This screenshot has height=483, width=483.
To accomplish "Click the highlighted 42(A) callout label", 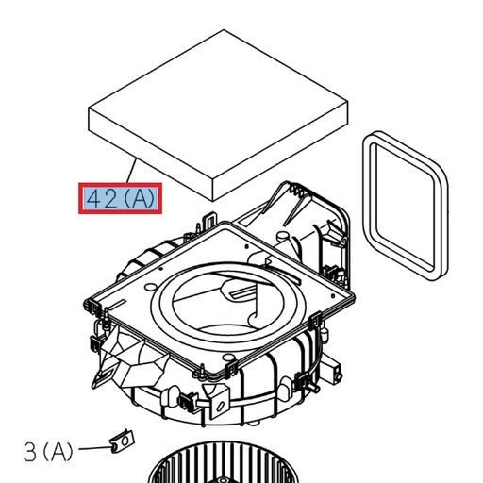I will click(119, 199).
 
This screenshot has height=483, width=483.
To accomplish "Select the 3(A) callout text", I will click(47, 452).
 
